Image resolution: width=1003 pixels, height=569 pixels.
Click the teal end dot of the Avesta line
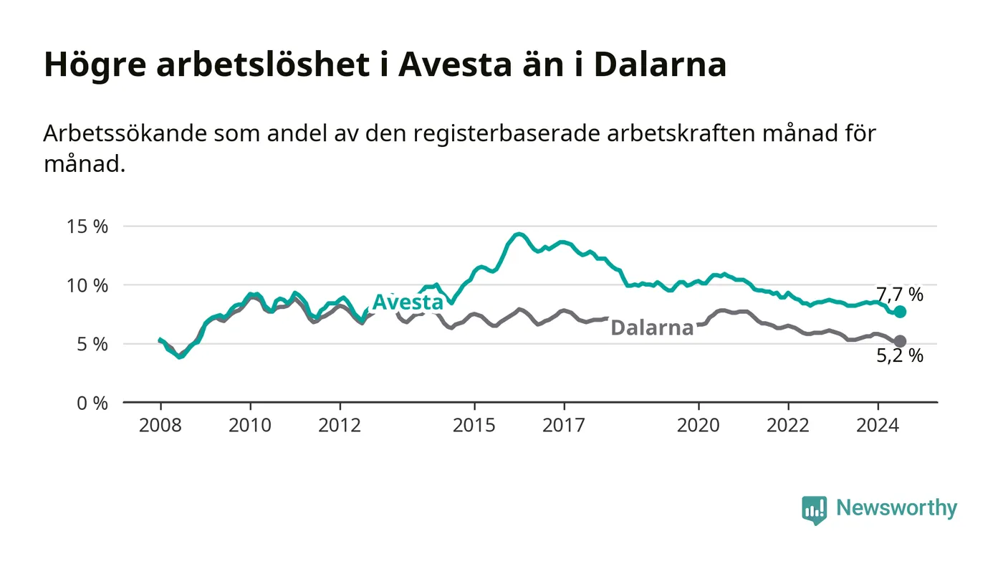pyautogui.click(x=900, y=312)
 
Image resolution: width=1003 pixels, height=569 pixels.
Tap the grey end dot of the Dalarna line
pyautogui.click(x=900, y=341)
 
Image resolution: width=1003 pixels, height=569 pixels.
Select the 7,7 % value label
pyautogui.click(x=900, y=295)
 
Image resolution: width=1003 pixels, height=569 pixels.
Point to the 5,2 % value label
pyautogui.click(x=900, y=355)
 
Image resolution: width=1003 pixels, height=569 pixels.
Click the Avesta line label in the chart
pyautogui.click(x=408, y=302)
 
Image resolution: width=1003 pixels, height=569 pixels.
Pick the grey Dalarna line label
pyautogui.click(x=652, y=327)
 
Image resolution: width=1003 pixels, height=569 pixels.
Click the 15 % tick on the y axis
pyautogui.click(x=87, y=226)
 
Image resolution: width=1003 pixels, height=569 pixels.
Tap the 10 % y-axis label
pyautogui.click(x=87, y=285)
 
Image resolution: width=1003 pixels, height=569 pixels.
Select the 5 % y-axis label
pyautogui.click(x=92, y=345)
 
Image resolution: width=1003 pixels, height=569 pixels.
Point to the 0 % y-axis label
pyautogui.click(x=92, y=403)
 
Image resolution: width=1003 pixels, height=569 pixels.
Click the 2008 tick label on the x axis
pyautogui.click(x=160, y=425)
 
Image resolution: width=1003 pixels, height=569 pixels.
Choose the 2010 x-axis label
pyautogui.click(x=250, y=425)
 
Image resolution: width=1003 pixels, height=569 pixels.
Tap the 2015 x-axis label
pyautogui.click(x=474, y=425)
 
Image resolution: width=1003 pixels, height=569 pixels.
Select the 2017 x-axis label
pyautogui.click(x=564, y=425)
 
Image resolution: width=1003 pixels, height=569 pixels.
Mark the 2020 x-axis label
pyautogui.click(x=698, y=425)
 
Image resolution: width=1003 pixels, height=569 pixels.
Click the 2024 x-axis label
pyautogui.click(x=878, y=425)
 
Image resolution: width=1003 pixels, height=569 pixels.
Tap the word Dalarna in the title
pyautogui.click(x=661, y=64)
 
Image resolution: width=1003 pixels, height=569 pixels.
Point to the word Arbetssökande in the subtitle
pyautogui.click(x=125, y=133)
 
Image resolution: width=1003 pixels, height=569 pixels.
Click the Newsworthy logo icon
pyautogui.click(x=814, y=510)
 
